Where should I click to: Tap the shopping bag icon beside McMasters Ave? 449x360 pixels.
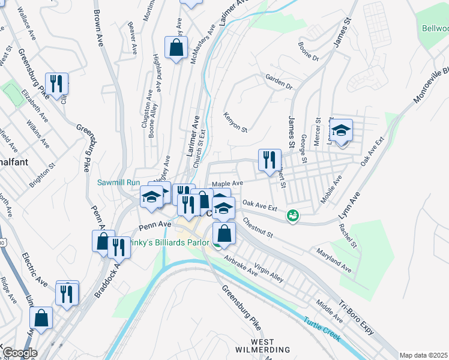(x=176, y=47)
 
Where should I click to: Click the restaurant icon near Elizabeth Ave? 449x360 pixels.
(x=56, y=84)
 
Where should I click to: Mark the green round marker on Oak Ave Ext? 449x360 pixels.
(x=292, y=215)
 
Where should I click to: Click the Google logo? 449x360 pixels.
(x=19, y=353)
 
